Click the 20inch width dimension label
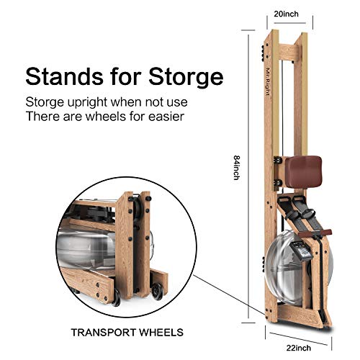click(x=287, y=14)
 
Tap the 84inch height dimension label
click(x=237, y=168)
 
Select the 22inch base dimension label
click(x=299, y=348)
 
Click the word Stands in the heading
click(x=64, y=76)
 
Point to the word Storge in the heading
click(x=186, y=77)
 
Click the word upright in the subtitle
click(x=87, y=103)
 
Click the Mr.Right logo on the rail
click(x=268, y=81)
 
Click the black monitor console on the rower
click(x=301, y=251)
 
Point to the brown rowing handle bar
click(x=315, y=233)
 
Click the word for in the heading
click(x=126, y=76)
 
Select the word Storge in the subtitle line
click(x=45, y=103)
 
